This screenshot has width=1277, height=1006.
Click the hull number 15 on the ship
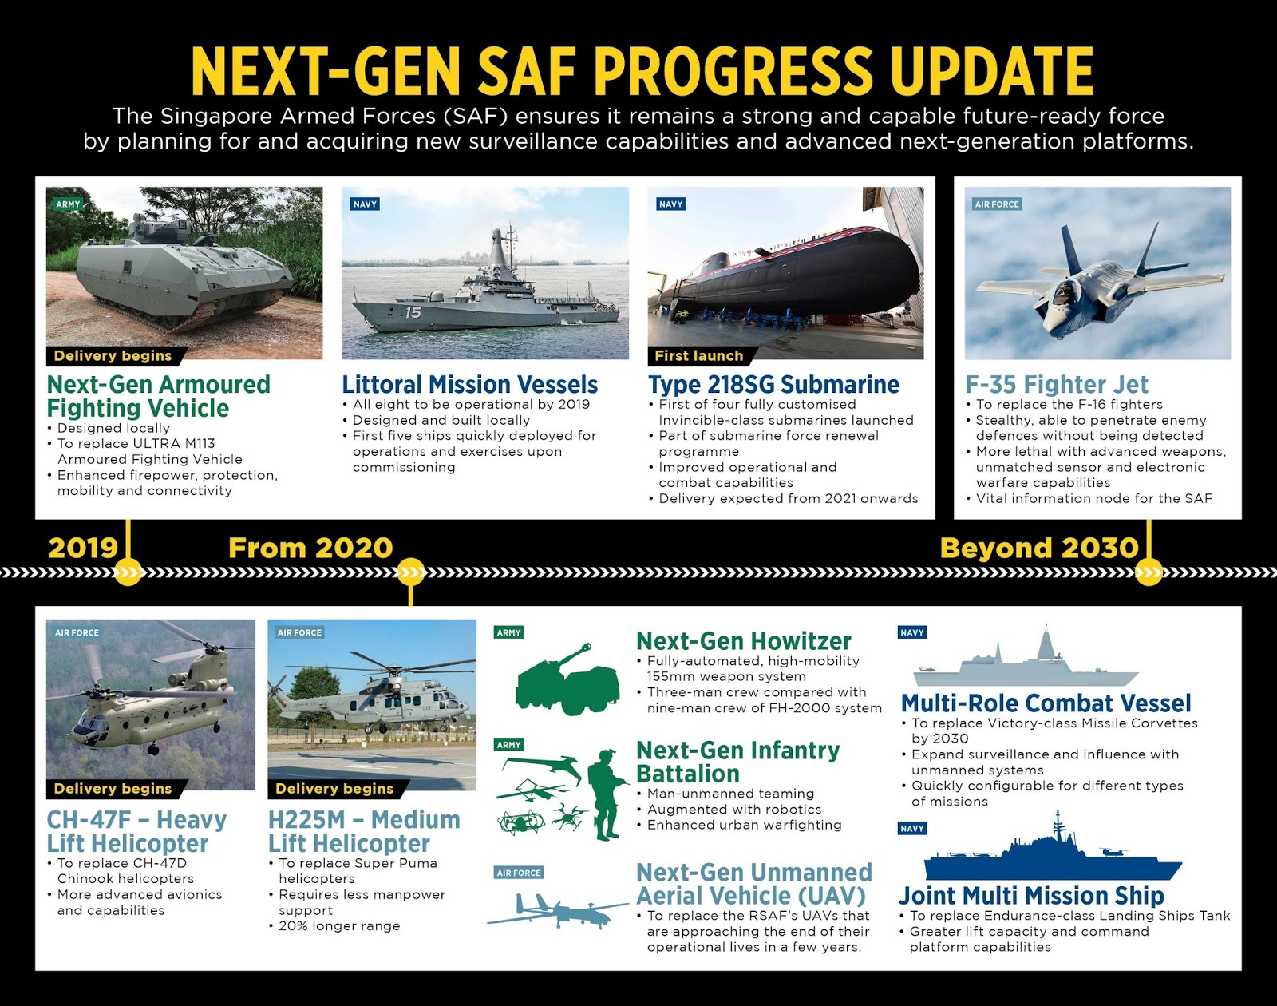click(413, 312)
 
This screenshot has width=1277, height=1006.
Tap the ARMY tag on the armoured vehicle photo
click(68, 204)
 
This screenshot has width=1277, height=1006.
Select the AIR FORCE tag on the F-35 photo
click(997, 204)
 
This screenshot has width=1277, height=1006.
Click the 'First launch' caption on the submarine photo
click(698, 356)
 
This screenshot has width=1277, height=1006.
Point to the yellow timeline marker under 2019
click(128, 572)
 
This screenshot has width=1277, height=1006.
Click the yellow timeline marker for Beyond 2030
click(1149, 572)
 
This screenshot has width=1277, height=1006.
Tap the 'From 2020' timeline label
click(310, 548)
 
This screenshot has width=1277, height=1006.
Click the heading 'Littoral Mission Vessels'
click(469, 384)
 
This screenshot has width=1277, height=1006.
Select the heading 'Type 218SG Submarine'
click(773, 384)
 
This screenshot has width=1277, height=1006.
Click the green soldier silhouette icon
click(606, 794)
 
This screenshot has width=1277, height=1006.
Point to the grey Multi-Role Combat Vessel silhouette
click(1025, 661)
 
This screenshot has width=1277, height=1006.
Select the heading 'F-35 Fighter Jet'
click(1057, 384)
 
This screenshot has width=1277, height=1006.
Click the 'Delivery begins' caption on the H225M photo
click(334, 789)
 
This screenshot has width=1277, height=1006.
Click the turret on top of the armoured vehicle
click(164, 231)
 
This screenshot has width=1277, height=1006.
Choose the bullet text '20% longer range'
click(339, 926)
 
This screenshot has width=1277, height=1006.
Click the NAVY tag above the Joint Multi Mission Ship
click(911, 829)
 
